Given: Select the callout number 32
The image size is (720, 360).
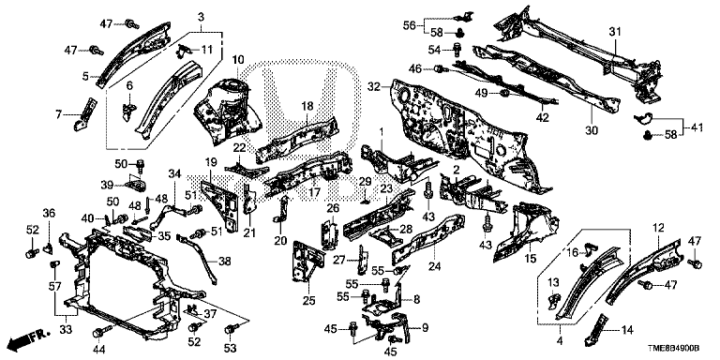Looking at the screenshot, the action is tap(374, 86).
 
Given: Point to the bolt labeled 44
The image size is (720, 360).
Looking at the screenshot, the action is tap(101, 331).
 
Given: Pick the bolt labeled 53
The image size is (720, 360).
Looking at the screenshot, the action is tap(232, 329).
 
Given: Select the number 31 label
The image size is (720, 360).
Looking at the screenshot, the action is tap(615, 32).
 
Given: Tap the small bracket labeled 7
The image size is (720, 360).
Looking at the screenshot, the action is tap(86, 113).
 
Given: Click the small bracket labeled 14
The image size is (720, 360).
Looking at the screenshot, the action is tap(597, 328).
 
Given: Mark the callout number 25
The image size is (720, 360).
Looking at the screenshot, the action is tap(309, 301).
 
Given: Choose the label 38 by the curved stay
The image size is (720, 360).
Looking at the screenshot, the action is tap(225, 262).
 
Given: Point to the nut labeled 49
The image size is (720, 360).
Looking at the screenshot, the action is tap(502, 94).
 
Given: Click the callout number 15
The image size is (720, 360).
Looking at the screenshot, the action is tap(530, 260).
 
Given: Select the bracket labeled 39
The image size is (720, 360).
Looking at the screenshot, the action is tap(137, 185).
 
